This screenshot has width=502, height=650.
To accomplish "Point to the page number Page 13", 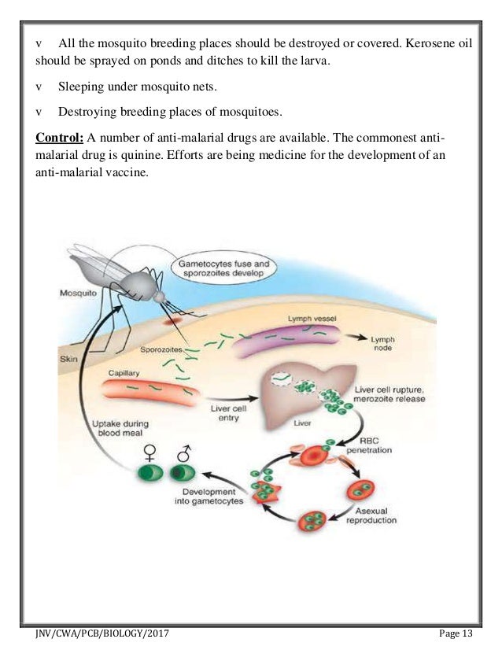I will point(458,634).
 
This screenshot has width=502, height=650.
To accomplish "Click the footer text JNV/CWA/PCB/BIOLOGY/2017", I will point(102,634).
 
